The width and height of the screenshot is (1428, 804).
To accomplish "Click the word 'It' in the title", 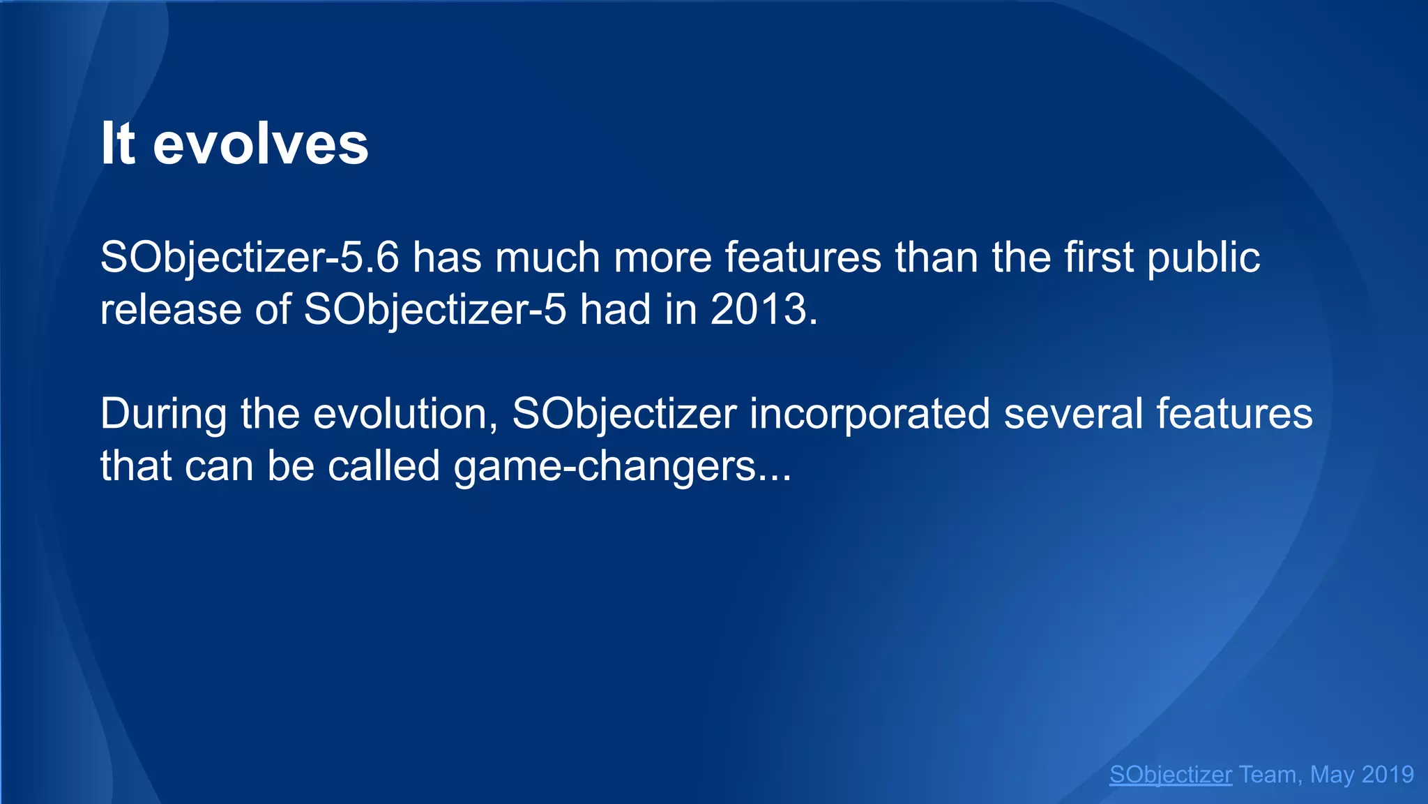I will pyautogui.click(x=117, y=144).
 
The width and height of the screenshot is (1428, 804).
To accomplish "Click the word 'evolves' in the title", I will pyautogui.click(x=260, y=144).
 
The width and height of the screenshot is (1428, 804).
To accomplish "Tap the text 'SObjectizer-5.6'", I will pyautogui.click(x=250, y=258).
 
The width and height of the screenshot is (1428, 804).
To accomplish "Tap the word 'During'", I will pyautogui.click(x=163, y=414).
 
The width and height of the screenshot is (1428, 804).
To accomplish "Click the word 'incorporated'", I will pyautogui.click(x=869, y=414).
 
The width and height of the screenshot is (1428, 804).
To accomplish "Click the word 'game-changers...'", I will pyautogui.click(x=623, y=467).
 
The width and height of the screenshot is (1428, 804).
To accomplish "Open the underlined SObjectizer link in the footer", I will pyautogui.click(x=1170, y=775).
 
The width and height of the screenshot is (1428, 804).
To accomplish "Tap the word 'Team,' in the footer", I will pyautogui.click(x=1268, y=775).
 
